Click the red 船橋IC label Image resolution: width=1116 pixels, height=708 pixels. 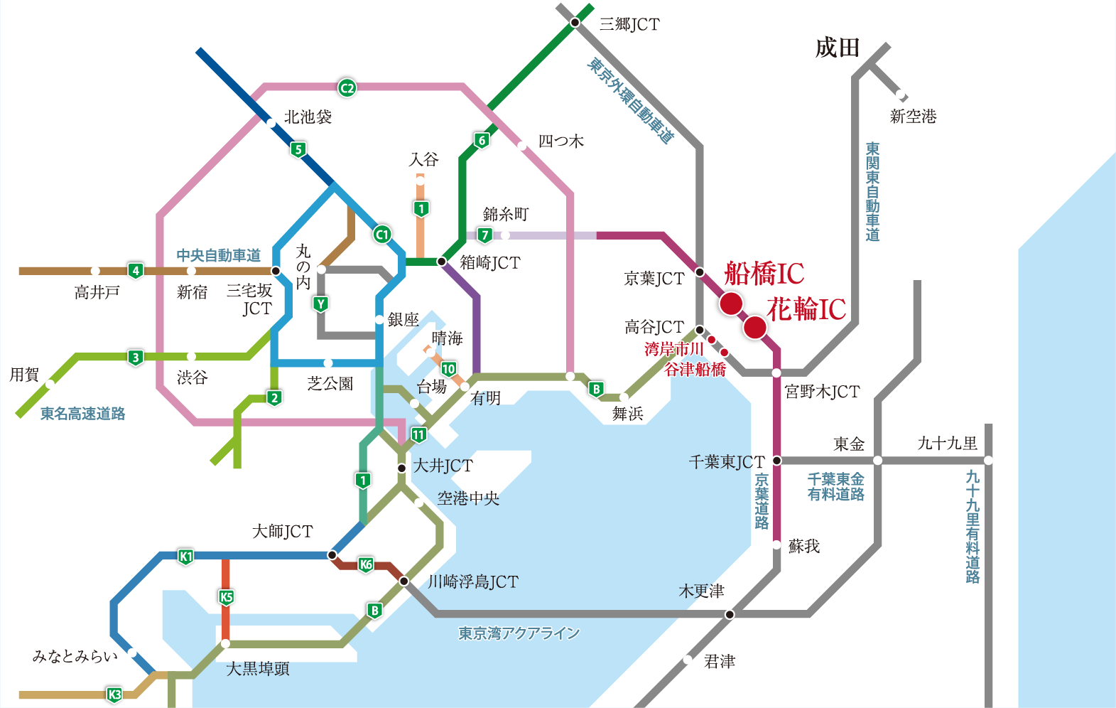[764, 274]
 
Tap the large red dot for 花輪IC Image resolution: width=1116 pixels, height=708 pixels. [754, 327]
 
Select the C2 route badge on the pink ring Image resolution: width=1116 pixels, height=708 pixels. [347, 87]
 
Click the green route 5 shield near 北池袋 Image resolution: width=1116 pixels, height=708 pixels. [298, 149]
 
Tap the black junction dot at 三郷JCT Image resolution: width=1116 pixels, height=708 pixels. [575, 23]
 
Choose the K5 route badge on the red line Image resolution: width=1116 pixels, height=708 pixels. [226, 597]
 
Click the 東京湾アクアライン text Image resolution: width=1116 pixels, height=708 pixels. [519, 633]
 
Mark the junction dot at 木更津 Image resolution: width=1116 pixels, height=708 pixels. [730, 614]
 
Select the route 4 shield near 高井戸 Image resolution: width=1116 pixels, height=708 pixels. [135, 271]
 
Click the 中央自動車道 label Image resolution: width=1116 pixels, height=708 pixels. [218, 255]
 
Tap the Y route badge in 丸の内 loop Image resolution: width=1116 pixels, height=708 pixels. [320, 304]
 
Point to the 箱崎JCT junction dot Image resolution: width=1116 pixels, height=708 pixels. [441, 262]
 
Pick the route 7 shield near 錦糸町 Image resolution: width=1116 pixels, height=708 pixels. [484, 235]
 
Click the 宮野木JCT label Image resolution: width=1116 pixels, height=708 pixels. [822, 392]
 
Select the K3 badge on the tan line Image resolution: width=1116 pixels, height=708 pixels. [114, 694]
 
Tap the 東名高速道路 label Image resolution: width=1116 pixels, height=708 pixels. [82, 414]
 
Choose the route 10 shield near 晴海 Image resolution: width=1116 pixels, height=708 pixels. [448, 369]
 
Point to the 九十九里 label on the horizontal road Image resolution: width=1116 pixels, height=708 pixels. [947, 444]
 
